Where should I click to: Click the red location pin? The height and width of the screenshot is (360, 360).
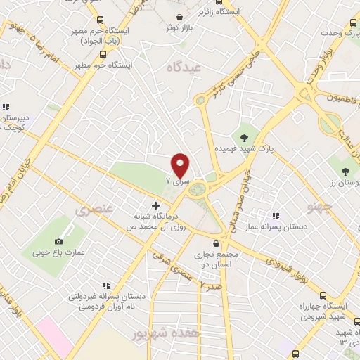pyautogui.click(x=181, y=165)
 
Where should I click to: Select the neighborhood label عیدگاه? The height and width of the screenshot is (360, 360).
pyautogui.click(x=180, y=67)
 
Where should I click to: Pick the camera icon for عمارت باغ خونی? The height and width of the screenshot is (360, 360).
pyautogui.click(x=58, y=241)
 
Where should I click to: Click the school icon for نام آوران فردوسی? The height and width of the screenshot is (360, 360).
pyautogui.click(x=105, y=285)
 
